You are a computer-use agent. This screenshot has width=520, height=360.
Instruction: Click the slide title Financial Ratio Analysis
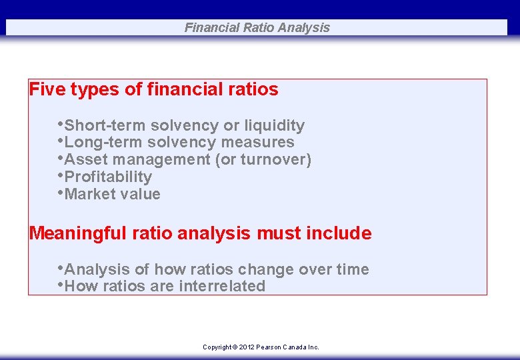pos(257,27)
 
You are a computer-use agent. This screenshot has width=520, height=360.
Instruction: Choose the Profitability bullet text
pos(108,177)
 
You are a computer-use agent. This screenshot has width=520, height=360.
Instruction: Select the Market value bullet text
pos(112,194)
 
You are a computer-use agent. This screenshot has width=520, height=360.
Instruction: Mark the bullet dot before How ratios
pos(61,285)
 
